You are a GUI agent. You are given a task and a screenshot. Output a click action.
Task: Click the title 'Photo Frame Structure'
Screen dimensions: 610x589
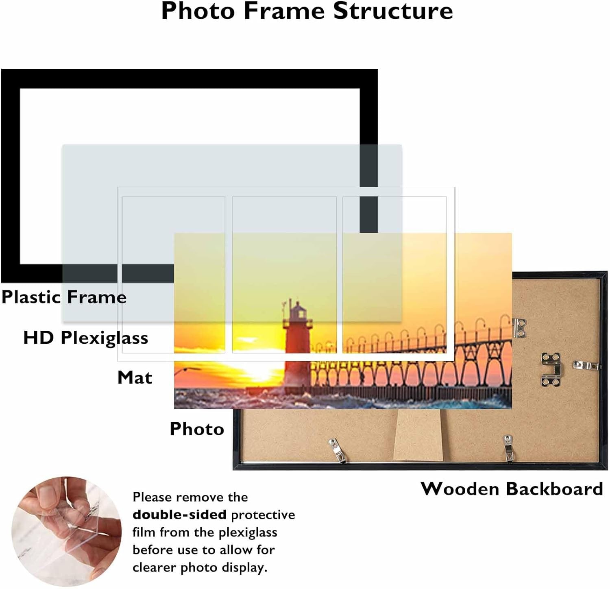tap(307, 11)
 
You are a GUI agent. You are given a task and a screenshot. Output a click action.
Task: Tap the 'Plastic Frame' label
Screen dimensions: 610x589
tap(64, 297)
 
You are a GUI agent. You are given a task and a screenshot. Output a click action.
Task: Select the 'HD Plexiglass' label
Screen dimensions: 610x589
tap(85, 338)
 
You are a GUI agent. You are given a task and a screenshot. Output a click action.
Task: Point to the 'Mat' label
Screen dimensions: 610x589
tap(135, 377)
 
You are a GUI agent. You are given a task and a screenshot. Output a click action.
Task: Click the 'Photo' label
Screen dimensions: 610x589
tap(197, 429)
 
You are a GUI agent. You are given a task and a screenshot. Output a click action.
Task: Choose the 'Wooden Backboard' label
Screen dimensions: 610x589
tap(512, 488)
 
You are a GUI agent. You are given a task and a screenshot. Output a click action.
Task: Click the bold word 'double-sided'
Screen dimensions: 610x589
tap(179, 515)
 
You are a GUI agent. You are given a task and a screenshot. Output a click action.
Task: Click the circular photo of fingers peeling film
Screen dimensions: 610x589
tap(66, 532)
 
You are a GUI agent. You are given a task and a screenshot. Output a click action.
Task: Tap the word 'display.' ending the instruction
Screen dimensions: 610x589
tap(244, 567)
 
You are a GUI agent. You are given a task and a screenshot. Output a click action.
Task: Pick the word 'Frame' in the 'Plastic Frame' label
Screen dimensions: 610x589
tap(97, 297)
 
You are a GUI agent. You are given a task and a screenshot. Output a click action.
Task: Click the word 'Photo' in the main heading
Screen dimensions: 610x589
tap(198, 11)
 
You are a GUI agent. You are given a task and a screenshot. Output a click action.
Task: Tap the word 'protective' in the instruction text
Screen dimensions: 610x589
tap(263, 515)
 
